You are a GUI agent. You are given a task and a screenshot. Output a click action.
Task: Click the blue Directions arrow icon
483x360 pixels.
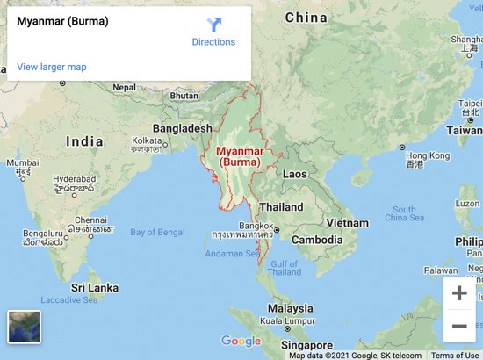click(x=214, y=25)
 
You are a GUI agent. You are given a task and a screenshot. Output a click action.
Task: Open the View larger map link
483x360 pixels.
click(x=51, y=67)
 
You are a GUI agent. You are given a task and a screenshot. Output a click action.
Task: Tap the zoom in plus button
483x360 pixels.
click(x=458, y=293)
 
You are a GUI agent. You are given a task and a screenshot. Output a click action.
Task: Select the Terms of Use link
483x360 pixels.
click(x=454, y=356)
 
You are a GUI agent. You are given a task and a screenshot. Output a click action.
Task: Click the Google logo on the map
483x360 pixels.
click(x=241, y=341)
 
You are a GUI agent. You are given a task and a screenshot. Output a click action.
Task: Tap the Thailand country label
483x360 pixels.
click(x=281, y=208)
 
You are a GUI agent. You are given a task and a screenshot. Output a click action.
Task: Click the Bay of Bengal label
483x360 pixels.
click(x=157, y=232)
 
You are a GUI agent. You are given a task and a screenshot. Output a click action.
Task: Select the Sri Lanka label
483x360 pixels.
click(x=94, y=287)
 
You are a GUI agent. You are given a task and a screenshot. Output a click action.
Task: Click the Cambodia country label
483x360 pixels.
click(x=317, y=240)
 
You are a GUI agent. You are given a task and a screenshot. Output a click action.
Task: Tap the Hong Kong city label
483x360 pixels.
click(x=429, y=155)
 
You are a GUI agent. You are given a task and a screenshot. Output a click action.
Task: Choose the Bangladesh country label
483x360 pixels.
click(x=183, y=128)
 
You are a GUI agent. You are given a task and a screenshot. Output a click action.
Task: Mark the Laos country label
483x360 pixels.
click(x=295, y=174)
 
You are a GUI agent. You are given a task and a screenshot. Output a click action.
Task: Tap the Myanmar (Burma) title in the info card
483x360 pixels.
click(x=63, y=21)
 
